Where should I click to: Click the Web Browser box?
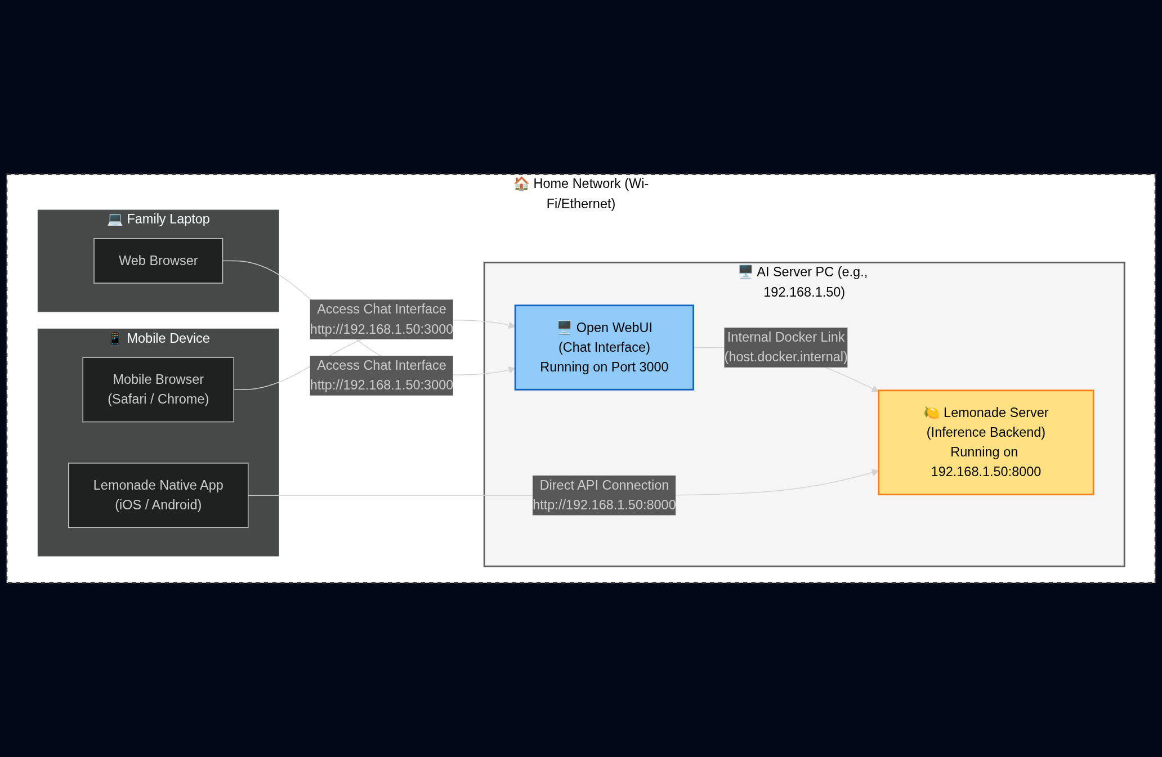158,261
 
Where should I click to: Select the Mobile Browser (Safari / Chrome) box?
158,389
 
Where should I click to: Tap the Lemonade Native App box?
158,495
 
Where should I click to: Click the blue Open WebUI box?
604,347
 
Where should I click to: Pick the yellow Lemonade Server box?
985,442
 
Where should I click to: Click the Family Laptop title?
168,219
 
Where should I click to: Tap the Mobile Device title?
168,338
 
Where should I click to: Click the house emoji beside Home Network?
521,183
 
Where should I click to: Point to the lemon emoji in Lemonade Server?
931,413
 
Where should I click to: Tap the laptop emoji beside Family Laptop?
115,219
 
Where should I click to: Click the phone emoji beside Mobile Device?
115,338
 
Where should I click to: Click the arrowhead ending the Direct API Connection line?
875,472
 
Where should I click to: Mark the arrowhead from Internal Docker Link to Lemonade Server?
875,389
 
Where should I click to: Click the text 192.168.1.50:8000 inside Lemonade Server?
985,472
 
